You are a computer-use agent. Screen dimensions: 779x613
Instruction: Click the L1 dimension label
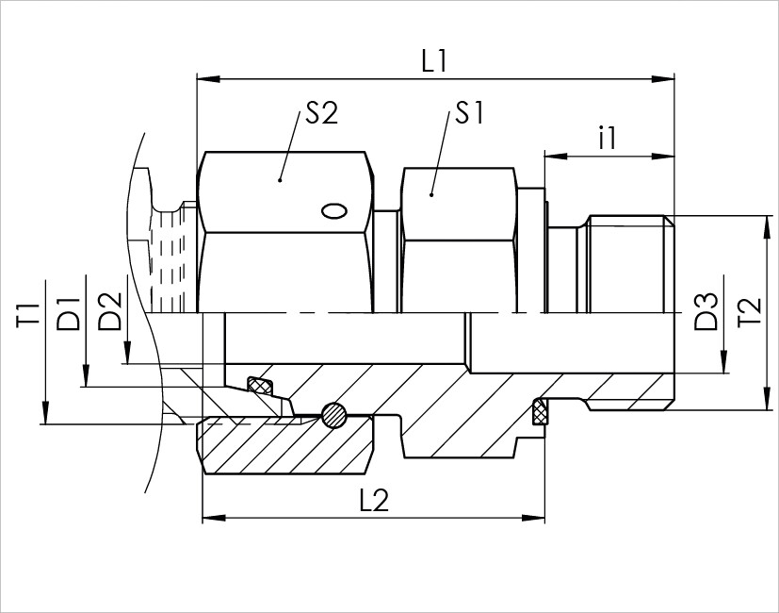click(x=434, y=61)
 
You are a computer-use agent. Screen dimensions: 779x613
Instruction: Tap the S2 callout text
click(x=321, y=113)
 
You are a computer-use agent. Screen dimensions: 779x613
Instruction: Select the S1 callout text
click(x=469, y=113)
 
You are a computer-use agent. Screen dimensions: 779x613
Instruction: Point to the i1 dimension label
click(x=608, y=138)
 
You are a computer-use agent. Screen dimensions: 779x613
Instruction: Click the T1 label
click(x=28, y=315)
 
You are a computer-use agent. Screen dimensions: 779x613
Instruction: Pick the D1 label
click(x=68, y=314)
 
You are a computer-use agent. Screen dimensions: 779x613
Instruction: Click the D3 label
click(x=706, y=312)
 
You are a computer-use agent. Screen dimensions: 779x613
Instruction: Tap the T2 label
click(x=750, y=312)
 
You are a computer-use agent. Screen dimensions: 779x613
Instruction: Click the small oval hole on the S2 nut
click(x=333, y=211)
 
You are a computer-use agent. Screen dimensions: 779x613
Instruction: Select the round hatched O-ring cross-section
click(x=333, y=414)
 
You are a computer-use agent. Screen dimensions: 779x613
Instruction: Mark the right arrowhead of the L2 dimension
click(x=533, y=518)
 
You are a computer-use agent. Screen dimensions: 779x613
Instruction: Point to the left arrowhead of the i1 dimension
click(x=557, y=157)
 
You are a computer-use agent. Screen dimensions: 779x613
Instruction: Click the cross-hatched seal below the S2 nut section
click(x=260, y=385)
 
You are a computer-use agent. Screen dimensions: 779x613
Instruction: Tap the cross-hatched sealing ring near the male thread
click(x=540, y=411)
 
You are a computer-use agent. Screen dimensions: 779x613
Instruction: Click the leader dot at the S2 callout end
click(x=280, y=179)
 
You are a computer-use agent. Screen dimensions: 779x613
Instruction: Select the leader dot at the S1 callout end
click(x=431, y=194)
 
